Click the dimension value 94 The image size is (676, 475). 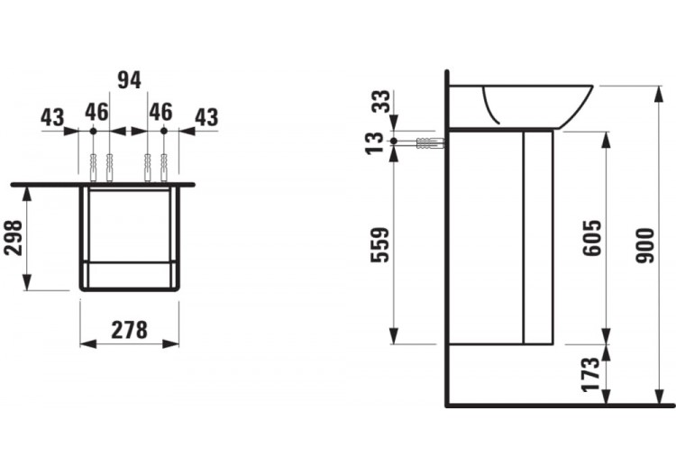point(130,80)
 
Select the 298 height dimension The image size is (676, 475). point(14,238)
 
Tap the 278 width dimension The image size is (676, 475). point(130,330)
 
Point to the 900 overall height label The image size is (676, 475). point(644,245)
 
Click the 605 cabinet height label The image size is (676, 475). point(591,237)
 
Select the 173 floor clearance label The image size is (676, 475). point(591,374)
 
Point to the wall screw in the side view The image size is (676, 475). point(426,142)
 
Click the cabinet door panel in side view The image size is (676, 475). point(538,236)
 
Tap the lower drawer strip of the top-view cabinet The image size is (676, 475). point(129,273)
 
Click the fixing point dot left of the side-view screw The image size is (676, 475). point(394,142)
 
